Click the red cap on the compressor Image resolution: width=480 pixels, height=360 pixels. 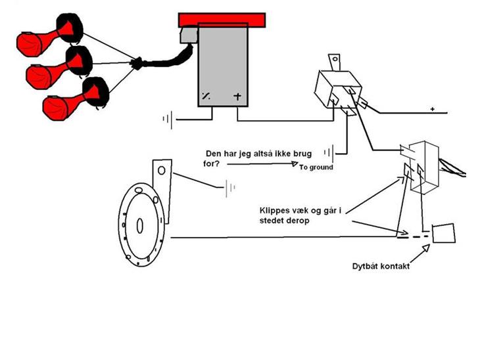[223, 18]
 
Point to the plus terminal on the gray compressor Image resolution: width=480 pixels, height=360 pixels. [237, 97]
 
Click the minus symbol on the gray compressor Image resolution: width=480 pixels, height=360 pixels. [206, 97]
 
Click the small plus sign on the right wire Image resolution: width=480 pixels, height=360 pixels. [433, 109]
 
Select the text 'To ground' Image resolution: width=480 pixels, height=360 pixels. [316, 168]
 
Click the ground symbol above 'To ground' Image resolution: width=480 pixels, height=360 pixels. [337, 155]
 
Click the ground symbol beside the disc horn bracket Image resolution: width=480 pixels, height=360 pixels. [229, 189]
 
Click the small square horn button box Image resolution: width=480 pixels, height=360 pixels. [444, 233]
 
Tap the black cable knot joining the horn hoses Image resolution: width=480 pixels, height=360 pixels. [139, 64]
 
